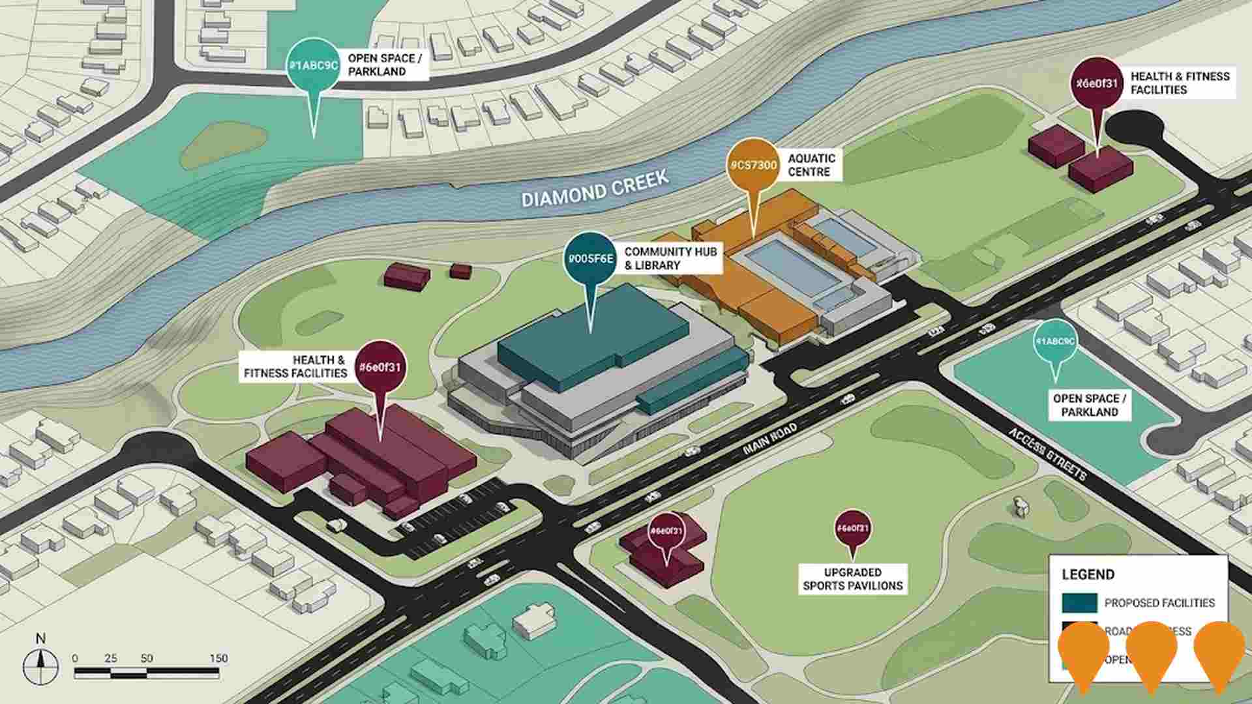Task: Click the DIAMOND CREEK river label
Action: [x=595, y=188]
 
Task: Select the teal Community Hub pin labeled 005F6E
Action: [x=590, y=259]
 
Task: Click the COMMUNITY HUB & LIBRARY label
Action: [x=670, y=258]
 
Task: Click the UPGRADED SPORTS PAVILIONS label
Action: [x=852, y=579]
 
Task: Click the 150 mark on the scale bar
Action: [x=218, y=658]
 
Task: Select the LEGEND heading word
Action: [x=1088, y=574]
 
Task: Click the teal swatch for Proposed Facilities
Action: [x=1079, y=603]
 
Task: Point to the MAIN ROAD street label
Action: [x=769, y=441]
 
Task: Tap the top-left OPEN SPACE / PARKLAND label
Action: [x=385, y=65]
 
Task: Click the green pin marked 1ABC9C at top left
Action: [x=314, y=65]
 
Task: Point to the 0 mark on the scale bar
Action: [x=75, y=658]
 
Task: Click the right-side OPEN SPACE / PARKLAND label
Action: [x=1089, y=405]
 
